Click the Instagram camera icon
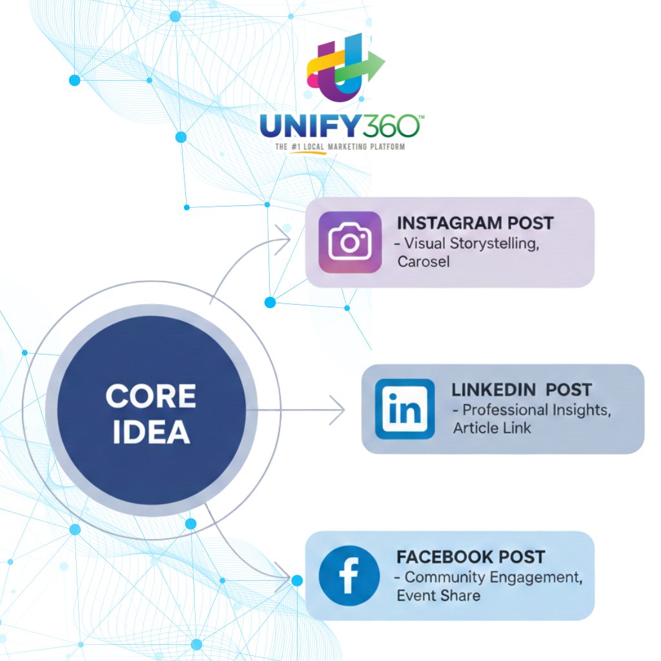[x=350, y=242]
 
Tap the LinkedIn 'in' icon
[x=405, y=409]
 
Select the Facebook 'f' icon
[x=349, y=576]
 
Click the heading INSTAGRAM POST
[x=475, y=223]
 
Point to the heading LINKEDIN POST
[x=522, y=390]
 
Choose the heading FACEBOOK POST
[x=471, y=557]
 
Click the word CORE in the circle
[x=151, y=396]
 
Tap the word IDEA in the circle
[x=151, y=432]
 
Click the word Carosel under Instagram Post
[x=423, y=262]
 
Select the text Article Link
[x=492, y=428]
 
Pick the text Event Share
[x=438, y=595]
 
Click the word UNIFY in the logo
[x=306, y=127]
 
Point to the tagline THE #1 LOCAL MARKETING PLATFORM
[x=340, y=147]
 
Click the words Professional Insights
[x=536, y=410]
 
